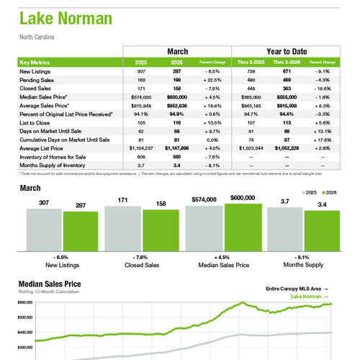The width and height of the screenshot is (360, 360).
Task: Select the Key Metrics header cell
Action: (38, 63)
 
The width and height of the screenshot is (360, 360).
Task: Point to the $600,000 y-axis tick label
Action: (25, 303)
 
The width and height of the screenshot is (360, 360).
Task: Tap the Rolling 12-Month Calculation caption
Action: (49, 293)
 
